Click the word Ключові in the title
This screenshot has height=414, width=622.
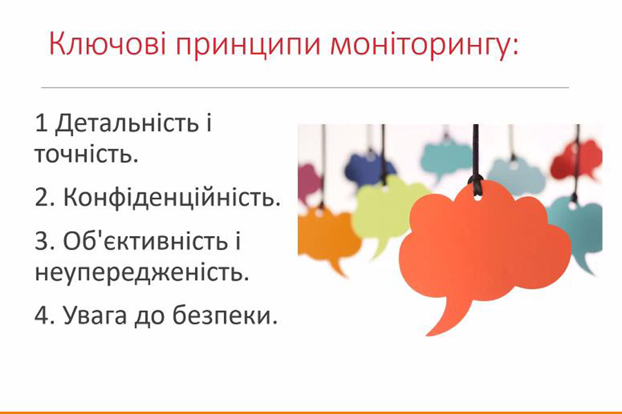coord(107,43)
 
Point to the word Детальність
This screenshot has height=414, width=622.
coord(127,124)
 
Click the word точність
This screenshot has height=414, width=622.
coord(86,154)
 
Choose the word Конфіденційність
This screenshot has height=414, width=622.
coord(172,197)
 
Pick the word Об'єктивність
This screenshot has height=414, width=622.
coord(144,240)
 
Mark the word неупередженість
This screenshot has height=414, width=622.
coord(142,273)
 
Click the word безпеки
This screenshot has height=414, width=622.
coord(225,315)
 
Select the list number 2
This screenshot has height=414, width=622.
coord(42,197)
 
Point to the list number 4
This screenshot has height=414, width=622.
coord(42,316)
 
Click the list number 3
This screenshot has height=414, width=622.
coord(42,241)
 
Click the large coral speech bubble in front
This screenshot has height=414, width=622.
coord(484,246)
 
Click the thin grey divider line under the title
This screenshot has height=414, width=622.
coord(305,87)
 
